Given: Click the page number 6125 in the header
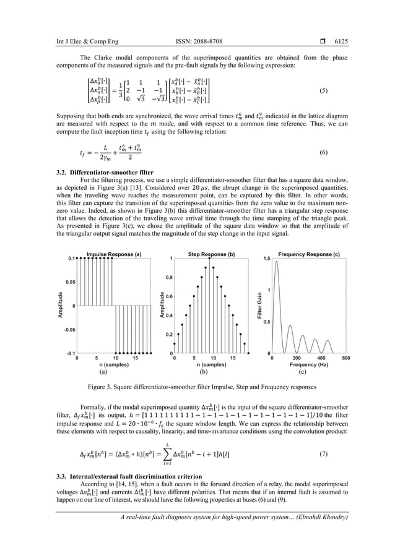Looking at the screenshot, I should tap(341, 42).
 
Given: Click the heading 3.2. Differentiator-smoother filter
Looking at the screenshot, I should tap(98, 171).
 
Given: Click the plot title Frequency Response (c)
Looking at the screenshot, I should tap(309, 254).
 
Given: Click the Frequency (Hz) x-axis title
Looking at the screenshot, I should tap(309, 365).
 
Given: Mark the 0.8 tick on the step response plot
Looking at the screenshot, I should tap(167, 278).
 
